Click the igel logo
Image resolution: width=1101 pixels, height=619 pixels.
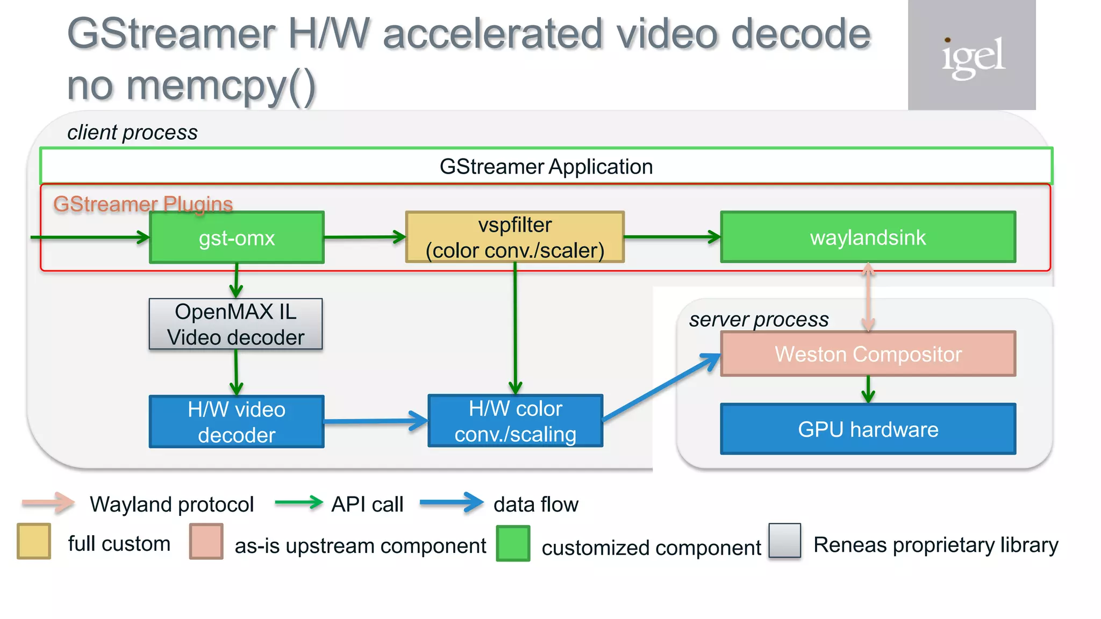[972, 56]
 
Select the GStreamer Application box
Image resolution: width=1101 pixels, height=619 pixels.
[546, 167]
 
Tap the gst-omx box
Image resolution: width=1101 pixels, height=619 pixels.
[237, 237]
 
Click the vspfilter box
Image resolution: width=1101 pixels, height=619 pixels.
[514, 237]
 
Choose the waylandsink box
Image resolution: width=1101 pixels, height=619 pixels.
[868, 237]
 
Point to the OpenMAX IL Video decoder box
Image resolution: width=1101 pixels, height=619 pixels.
[235, 325]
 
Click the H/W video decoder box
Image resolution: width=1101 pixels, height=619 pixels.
[237, 422]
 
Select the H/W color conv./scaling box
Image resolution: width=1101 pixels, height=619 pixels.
[515, 421]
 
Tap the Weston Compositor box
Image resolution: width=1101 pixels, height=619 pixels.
[868, 354]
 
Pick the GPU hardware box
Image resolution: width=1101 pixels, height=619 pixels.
[868, 429]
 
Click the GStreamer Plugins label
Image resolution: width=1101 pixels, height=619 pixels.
[143, 204]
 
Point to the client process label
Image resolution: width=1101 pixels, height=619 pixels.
[132, 132]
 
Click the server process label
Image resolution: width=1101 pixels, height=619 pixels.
[759, 320]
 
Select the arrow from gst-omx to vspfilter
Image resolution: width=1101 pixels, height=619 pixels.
[364, 237]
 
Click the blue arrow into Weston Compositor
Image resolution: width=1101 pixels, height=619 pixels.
[661, 387]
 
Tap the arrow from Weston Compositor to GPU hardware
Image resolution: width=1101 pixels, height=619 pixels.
[868, 390]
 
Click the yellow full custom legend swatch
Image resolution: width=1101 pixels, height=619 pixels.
[34, 542]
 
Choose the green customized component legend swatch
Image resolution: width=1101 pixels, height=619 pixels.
[513, 544]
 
